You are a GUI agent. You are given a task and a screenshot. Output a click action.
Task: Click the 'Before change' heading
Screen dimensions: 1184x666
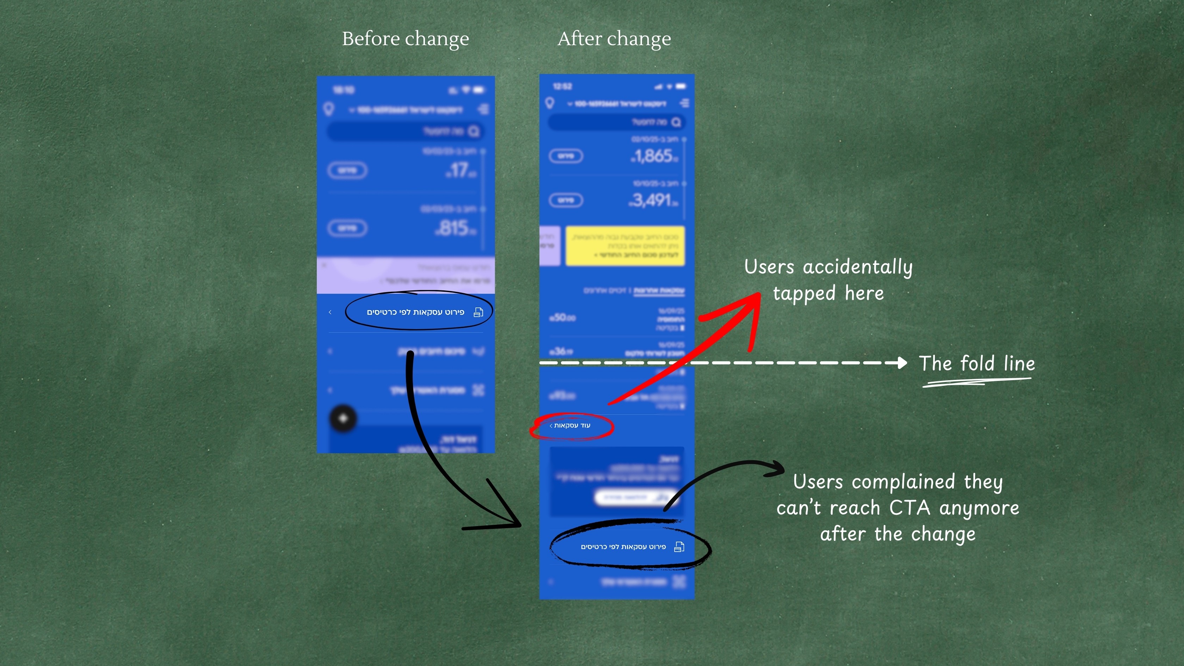(405, 39)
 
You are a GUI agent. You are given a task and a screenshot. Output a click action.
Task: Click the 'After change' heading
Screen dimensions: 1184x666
(614, 39)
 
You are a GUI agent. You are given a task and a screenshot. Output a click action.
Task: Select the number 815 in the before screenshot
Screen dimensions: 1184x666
(455, 228)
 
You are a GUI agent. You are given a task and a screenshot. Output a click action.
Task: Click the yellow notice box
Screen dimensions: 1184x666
(625, 246)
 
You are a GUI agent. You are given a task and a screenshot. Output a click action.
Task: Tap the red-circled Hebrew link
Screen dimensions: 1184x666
(571, 426)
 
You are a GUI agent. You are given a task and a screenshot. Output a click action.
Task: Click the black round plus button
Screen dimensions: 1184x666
(343, 418)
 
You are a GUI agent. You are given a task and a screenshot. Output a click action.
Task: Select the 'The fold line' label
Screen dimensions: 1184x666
(977, 364)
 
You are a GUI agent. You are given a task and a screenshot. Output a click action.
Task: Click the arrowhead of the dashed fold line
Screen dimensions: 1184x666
(902, 363)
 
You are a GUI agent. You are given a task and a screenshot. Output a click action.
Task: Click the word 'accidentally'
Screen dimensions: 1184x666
(858, 267)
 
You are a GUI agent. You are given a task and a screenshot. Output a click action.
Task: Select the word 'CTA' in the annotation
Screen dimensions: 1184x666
(909, 508)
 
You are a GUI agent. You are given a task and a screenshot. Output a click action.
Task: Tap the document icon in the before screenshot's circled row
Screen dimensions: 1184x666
(479, 313)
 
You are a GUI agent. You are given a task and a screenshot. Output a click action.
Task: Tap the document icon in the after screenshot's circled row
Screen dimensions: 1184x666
(679, 547)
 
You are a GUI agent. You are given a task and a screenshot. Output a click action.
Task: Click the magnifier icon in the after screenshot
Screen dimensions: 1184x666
(676, 122)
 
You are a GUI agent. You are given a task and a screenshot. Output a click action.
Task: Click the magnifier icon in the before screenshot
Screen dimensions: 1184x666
(473, 132)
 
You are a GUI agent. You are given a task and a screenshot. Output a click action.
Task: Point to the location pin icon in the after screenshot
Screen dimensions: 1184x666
(550, 103)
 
